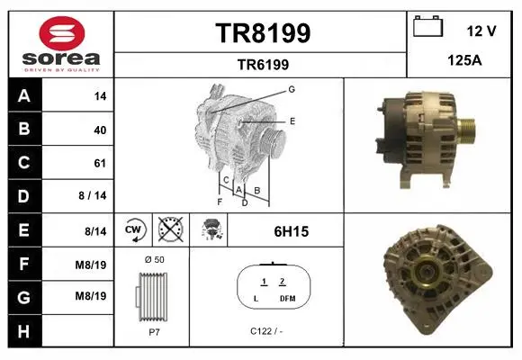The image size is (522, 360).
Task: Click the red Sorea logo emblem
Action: click(62, 33)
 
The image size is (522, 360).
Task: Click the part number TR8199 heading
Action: click(263, 33)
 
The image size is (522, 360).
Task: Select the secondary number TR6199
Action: click(263, 65)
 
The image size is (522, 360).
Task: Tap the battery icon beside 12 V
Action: click(427, 26)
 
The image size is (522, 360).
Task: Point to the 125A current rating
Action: click(464, 60)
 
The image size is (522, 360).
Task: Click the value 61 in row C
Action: click(100, 163)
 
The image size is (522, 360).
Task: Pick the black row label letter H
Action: click(23, 331)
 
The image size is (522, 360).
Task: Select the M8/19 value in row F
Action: click(91, 265)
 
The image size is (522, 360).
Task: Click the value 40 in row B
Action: click(100, 130)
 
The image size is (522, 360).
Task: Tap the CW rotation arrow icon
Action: click(134, 229)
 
